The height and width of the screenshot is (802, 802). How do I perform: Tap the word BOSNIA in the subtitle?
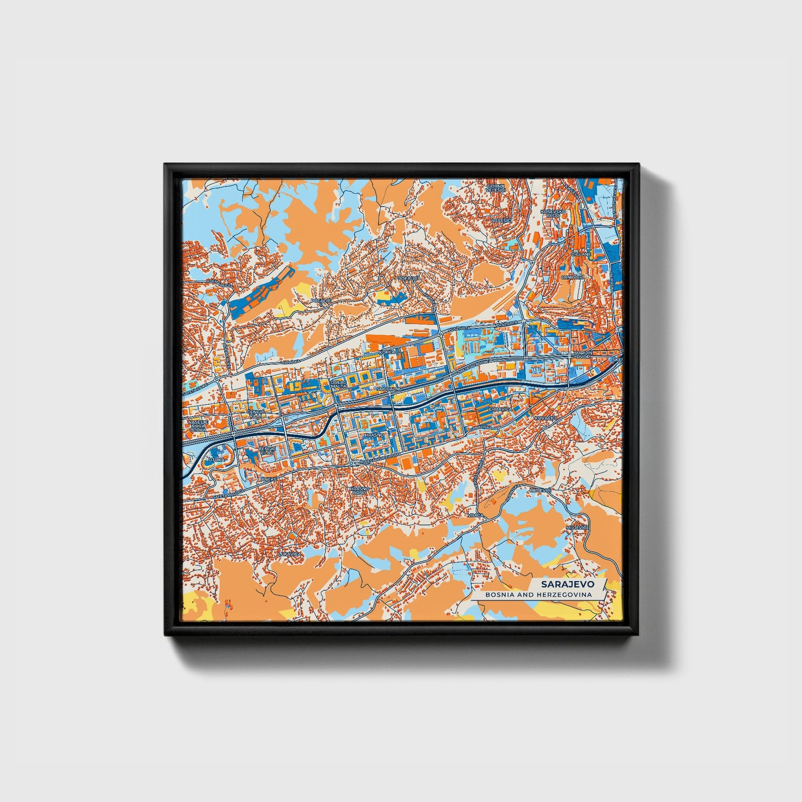click(498, 594)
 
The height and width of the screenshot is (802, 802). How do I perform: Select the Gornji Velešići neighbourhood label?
click(494, 187)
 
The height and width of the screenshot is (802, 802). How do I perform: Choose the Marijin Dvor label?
click(584, 355)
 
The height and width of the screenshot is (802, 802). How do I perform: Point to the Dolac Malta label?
click(338, 385)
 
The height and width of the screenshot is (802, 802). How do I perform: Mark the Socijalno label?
click(389, 389)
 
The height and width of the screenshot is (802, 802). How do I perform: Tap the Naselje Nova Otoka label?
click(198, 426)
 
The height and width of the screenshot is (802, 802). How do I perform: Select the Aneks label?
click(268, 478)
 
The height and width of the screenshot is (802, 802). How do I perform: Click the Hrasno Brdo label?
click(358, 491)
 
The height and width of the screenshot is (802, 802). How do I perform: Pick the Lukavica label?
click(289, 554)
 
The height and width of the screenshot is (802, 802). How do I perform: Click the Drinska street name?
click(291, 361)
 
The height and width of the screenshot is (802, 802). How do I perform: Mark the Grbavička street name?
click(480, 427)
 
